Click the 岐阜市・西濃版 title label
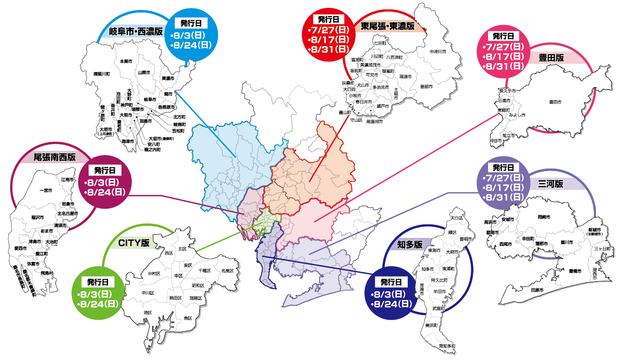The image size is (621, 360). point(137,32)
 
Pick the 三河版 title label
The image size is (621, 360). point(551,184)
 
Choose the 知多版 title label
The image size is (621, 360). point(409,244)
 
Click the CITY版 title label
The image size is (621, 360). point(134,243)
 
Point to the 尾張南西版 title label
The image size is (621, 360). point(54,157)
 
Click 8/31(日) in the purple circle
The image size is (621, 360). point(503,197)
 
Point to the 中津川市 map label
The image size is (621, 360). point(437,52)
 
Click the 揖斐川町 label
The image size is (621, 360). point(101,74)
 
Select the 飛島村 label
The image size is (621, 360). point(47,273)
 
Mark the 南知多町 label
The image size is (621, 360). point(447,346)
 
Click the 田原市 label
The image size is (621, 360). point(537,290)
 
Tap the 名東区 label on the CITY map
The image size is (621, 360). point(227,271)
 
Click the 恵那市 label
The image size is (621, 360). point(426,87)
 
